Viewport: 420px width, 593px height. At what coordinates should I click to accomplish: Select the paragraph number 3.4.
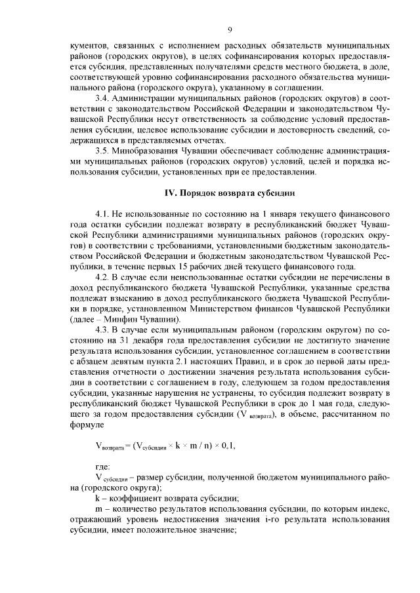click(x=103, y=98)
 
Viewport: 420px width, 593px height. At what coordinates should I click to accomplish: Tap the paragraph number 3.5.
click(x=103, y=149)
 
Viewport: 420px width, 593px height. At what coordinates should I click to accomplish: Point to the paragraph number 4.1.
click(x=103, y=214)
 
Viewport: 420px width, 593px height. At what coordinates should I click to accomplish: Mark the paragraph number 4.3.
click(x=103, y=331)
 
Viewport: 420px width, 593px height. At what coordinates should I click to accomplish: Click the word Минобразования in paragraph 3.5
click(x=148, y=149)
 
